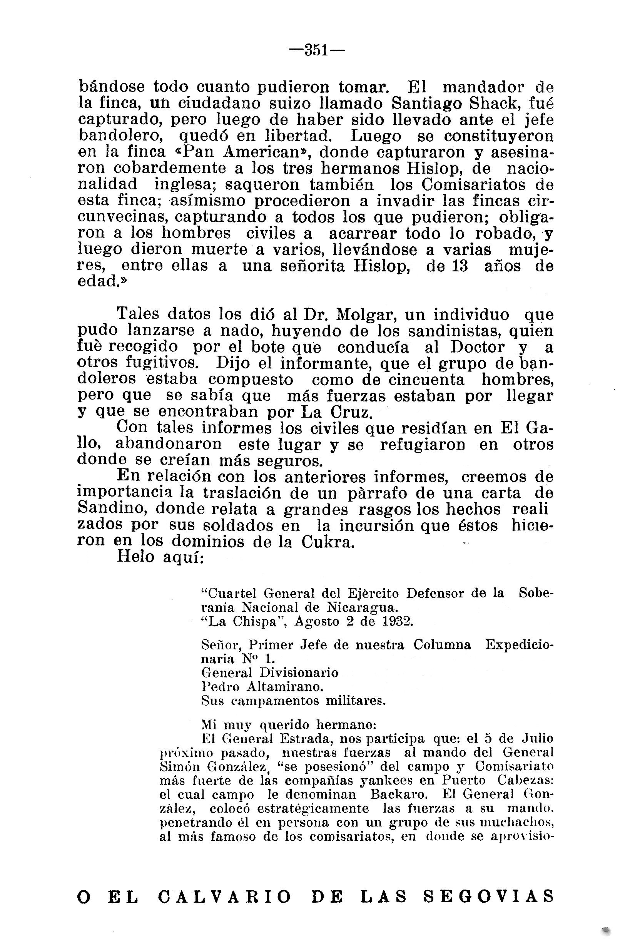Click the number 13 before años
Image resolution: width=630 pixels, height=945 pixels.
click(x=460, y=266)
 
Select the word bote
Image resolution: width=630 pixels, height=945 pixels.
click(x=271, y=347)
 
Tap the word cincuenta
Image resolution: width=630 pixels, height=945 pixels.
click(x=427, y=379)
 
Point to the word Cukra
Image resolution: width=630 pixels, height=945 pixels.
click(x=328, y=542)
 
